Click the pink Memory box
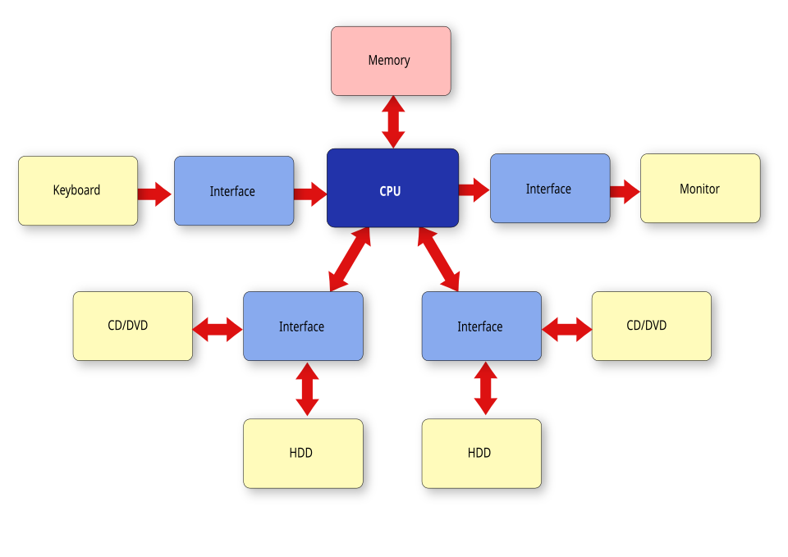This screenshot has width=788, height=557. pyautogui.click(x=391, y=61)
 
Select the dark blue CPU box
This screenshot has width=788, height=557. pyautogui.click(x=392, y=188)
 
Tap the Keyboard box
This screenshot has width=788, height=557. pyautogui.click(x=78, y=190)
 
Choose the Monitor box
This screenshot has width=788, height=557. pyautogui.click(x=700, y=189)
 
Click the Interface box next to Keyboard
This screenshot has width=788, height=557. pyautogui.click(x=234, y=191)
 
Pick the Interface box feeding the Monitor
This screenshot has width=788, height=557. pyautogui.click(x=550, y=189)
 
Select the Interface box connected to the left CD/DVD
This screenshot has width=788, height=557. pyautogui.click(x=303, y=326)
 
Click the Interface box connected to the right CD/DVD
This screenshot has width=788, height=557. pyautogui.click(x=481, y=326)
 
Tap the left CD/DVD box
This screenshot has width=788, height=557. pyautogui.click(x=132, y=326)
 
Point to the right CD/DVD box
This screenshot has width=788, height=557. pyautogui.click(x=651, y=326)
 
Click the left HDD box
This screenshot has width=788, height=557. pyautogui.click(x=303, y=453)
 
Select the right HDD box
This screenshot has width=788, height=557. pyautogui.click(x=481, y=453)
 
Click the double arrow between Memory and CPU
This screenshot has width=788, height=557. pyautogui.click(x=393, y=122)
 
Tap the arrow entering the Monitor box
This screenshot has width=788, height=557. pyautogui.click(x=625, y=191)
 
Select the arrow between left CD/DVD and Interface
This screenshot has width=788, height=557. pyautogui.click(x=218, y=329)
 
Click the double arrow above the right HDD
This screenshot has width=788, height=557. pyautogui.click(x=485, y=389)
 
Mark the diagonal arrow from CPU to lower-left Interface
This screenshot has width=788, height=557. pyautogui.click(x=350, y=259)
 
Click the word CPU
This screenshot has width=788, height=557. pyautogui.click(x=390, y=191)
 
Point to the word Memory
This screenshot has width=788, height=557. pyautogui.click(x=389, y=61)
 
